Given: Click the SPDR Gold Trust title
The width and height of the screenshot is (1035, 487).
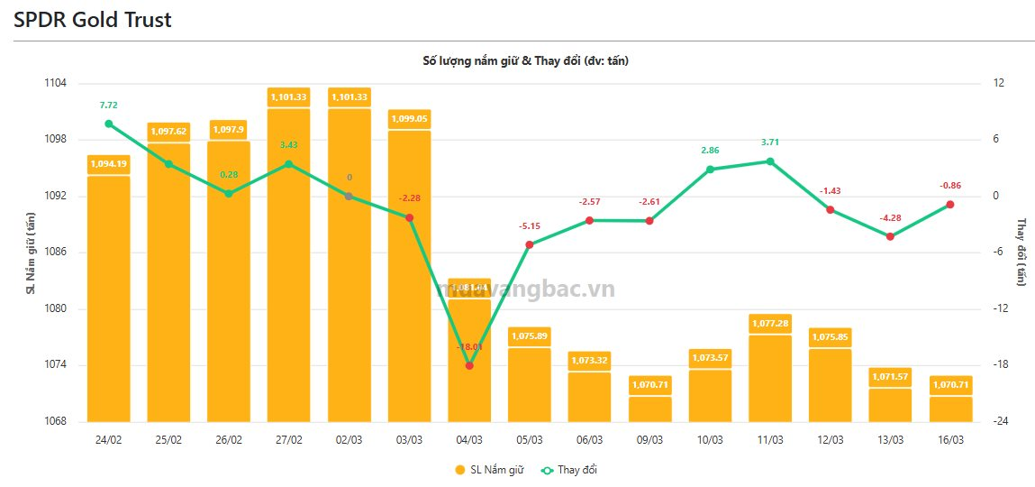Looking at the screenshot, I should (x=93, y=20).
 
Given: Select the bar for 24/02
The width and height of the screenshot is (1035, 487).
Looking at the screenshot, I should (x=108, y=298).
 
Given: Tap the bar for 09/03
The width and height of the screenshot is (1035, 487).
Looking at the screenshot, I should (x=649, y=409).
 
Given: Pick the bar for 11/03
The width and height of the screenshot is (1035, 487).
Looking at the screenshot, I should (x=770, y=379).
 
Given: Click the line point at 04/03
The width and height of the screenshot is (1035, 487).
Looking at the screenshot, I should (x=469, y=365).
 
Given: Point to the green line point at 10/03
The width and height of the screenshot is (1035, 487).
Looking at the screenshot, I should (x=710, y=170).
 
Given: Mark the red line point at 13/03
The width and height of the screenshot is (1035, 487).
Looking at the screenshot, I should (x=890, y=236).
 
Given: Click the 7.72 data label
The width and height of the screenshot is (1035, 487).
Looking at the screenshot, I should (x=108, y=106).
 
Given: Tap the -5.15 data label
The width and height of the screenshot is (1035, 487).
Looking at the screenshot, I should (x=530, y=226).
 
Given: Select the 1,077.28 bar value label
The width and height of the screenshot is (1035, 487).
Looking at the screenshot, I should (x=770, y=323).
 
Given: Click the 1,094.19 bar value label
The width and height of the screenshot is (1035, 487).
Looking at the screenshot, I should (x=108, y=163).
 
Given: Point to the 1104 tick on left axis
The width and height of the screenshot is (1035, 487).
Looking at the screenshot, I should (x=55, y=83).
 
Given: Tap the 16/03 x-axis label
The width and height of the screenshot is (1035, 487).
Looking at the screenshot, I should (x=950, y=440).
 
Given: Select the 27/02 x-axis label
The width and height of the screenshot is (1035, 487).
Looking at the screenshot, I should (x=288, y=440).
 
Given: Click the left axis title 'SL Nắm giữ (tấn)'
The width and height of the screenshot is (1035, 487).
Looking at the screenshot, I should (x=31, y=253).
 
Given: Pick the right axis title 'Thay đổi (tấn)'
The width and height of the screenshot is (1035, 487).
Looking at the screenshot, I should (x=1021, y=253).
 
